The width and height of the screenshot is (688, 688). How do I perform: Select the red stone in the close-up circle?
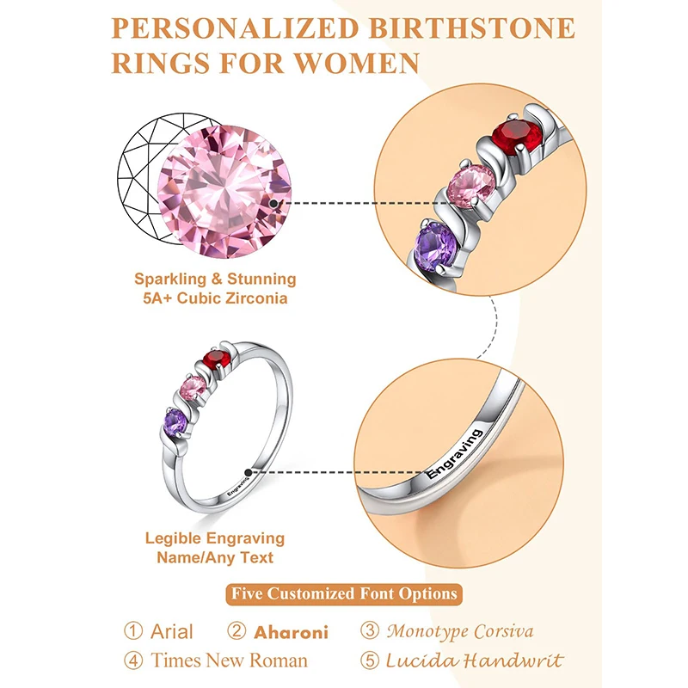point(517,137)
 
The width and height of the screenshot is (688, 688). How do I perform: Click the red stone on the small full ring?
point(216,359)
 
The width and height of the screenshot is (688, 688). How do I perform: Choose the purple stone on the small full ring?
point(175,421)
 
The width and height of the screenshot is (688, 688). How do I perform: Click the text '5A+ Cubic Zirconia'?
point(215,298)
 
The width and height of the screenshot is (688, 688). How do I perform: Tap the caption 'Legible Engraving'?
point(215,538)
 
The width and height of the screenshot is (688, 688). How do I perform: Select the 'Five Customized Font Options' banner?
point(344,593)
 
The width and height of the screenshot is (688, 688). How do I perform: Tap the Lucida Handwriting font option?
point(473,660)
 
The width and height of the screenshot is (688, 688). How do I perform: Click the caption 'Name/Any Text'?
point(215,557)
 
